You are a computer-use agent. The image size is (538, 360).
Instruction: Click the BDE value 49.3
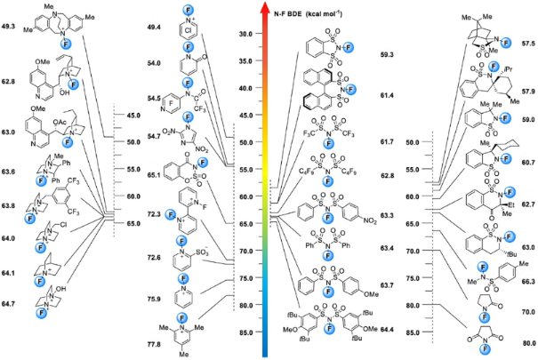click(12, 28)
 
